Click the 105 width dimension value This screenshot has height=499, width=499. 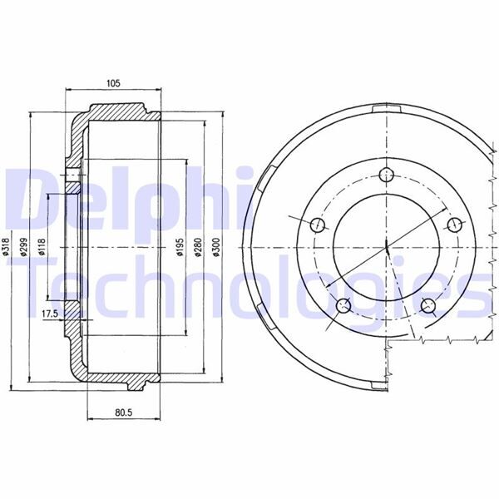click(114, 82)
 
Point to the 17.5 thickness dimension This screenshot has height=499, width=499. click(49, 313)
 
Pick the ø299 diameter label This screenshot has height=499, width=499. click(25, 247)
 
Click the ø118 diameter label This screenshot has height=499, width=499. click(41, 247)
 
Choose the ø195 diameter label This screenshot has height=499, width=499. click(179, 247)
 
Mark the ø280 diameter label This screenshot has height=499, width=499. click(198, 247)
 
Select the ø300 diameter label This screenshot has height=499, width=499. click(216, 247)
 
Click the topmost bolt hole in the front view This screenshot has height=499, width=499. click(388, 175)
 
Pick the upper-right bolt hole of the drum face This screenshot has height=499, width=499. click(454, 225)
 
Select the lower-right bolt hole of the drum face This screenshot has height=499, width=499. click(429, 305)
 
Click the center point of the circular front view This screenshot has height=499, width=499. click(388, 247)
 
